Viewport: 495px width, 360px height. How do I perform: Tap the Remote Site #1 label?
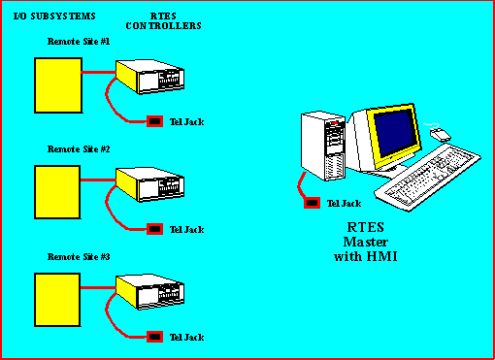pos(79,42)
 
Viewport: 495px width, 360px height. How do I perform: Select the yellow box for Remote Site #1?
pos(57,84)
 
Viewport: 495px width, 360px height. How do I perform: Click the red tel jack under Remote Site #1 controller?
pos(153,121)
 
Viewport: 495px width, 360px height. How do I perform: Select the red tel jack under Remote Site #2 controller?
pos(153,229)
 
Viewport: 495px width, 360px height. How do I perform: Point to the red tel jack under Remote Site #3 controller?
pos(153,337)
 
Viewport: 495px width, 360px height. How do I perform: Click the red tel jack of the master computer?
pos(312,203)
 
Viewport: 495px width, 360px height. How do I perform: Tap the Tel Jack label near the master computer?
pos(345,203)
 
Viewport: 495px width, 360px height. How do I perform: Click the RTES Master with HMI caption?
pos(360,242)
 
